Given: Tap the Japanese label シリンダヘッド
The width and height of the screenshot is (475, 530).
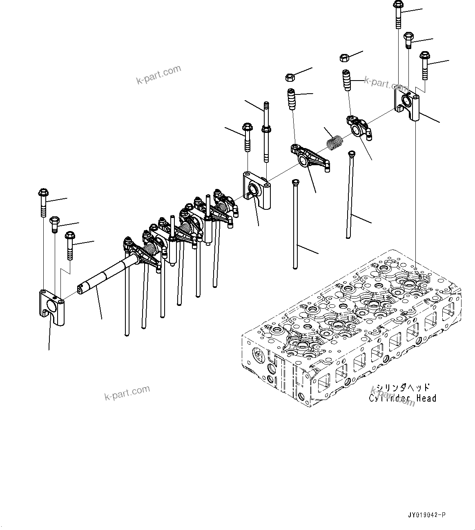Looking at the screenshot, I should [x=403, y=387].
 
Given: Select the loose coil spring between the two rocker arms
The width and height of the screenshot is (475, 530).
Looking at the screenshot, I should [x=335, y=143].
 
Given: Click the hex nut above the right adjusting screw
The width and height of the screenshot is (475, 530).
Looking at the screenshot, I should [x=344, y=58].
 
